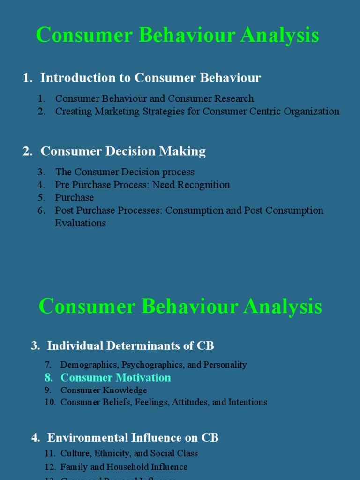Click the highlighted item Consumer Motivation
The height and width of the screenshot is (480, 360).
tap(116, 377)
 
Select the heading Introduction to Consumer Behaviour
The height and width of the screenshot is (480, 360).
tap(150, 78)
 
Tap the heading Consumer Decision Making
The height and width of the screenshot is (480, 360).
tap(123, 151)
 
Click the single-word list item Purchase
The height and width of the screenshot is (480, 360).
tap(75, 197)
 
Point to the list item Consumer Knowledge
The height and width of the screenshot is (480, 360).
tap(104, 390)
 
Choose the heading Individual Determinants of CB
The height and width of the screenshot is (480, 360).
tap(130, 346)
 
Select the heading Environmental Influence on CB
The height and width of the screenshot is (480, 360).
tap(133, 438)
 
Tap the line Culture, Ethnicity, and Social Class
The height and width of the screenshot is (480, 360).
tap(129, 453)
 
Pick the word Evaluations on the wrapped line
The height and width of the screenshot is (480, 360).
tap(81, 223)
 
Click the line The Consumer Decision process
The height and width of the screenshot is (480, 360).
tap(125, 172)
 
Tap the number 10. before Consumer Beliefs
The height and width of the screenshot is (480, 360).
tap(51, 402)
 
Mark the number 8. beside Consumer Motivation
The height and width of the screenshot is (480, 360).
tap(49, 377)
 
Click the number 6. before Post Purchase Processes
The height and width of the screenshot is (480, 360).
tap(42, 210)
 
